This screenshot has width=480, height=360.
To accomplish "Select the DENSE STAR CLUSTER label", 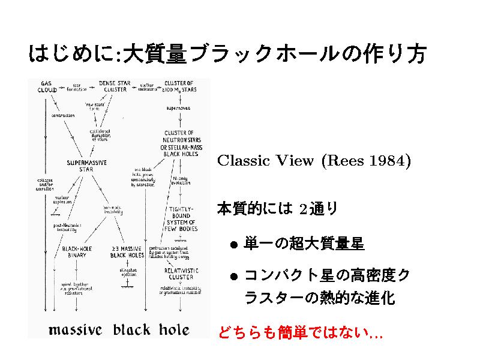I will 116,86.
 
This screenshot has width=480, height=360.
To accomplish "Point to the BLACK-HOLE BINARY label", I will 73,251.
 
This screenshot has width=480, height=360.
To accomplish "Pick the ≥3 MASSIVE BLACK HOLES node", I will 126,251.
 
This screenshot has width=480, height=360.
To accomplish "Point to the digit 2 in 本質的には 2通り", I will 303,209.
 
